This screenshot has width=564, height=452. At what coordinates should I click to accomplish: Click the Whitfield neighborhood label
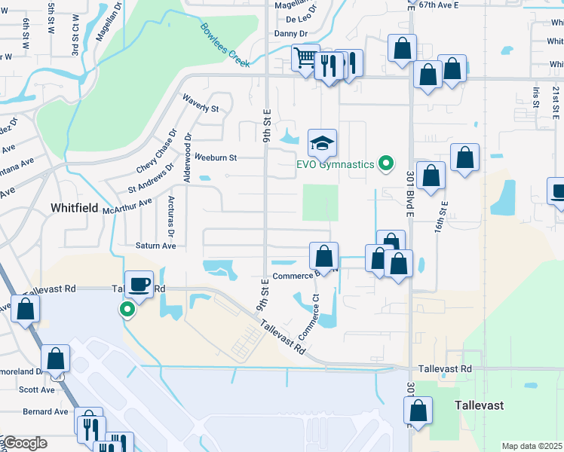click(74, 207)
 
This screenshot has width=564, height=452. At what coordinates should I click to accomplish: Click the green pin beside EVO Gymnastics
click(386, 163)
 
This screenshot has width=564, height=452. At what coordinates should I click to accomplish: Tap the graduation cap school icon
click(322, 142)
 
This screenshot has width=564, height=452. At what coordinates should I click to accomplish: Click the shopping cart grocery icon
click(305, 57)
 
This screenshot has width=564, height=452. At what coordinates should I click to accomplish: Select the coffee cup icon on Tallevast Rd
click(139, 284)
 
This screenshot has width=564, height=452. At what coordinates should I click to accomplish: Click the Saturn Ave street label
click(155, 246)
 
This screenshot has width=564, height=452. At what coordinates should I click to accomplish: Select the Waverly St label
click(200, 103)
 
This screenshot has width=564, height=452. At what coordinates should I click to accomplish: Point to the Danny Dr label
click(291, 34)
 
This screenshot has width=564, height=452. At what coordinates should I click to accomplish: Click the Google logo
click(24, 443)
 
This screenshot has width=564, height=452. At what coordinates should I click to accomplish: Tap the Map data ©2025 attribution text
click(532, 446)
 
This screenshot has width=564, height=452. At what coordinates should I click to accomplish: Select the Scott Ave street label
click(37, 389)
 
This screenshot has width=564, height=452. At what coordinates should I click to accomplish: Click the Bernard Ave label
click(45, 411)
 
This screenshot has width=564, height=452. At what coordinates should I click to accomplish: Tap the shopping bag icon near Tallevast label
click(418, 411)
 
